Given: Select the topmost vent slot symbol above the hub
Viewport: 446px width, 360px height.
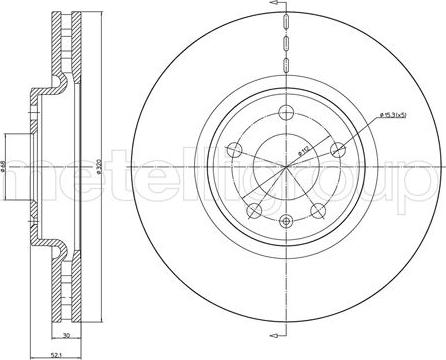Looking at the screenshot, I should tap(286, 21).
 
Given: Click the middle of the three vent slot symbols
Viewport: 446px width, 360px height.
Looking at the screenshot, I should tap(286, 42).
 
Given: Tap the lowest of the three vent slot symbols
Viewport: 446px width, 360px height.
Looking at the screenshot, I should tap(286, 63).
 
